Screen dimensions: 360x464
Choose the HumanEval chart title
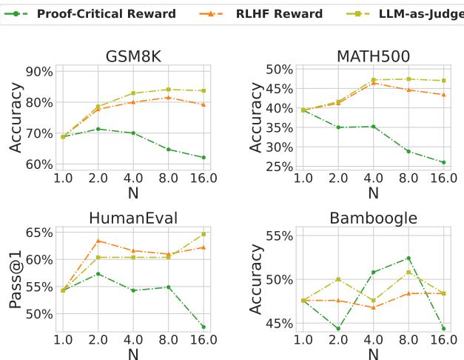pyautogui.click(x=133, y=217)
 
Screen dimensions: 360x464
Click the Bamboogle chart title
pyautogui.click(x=373, y=217)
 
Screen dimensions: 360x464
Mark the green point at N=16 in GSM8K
pyautogui.click(x=204, y=158)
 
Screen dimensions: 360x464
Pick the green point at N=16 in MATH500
pyautogui.click(x=443, y=162)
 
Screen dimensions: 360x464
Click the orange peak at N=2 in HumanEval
pyautogui.click(x=98, y=241)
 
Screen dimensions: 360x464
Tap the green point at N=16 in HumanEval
pyautogui.click(x=204, y=327)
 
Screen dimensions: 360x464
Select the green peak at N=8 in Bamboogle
pyautogui.click(x=408, y=258)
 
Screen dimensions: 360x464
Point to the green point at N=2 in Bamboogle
pyautogui.click(x=338, y=329)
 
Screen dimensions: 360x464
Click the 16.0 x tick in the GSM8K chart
pyautogui.click(x=203, y=178)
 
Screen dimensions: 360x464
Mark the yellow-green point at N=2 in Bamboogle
pyautogui.click(x=338, y=279)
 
